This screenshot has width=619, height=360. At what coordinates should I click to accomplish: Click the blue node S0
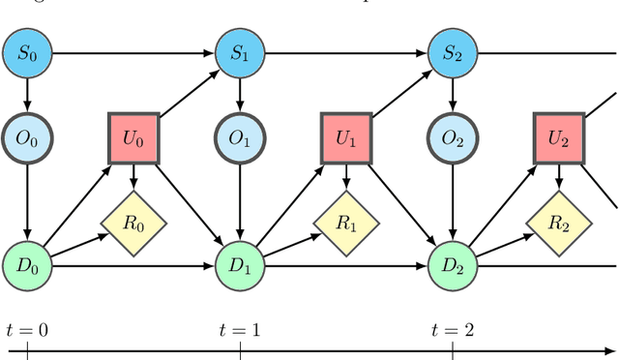pos(27,52)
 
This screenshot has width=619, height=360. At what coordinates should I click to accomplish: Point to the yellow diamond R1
pos(345,225)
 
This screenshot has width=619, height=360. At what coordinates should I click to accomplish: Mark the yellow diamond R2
pos(559,225)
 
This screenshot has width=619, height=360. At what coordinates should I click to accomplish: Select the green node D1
pos(238,263)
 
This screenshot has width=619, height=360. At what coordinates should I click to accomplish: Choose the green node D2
pos(453,263)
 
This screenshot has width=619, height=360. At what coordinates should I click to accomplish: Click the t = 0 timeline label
pos(27,330)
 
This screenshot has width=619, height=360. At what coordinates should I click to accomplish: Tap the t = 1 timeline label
pos(240,330)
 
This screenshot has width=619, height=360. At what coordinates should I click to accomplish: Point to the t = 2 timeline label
pos(453,330)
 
